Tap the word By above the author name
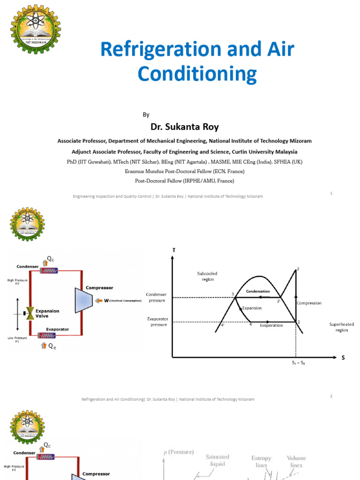pyautogui.click(x=145, y=114)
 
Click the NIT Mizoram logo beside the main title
pyautogui.click(x=36, y=29)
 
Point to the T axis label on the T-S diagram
pyautogui.click(x=174, y=250)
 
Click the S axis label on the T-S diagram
pyautogui.click(x=343, y=358)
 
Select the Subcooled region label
pyautogui.click(x=208, y=276)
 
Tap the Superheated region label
pyautogui.click(x=341, y=327)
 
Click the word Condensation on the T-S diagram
pyautogui.click(x=258, y=291)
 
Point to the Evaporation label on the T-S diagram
pyautogui.click(x=271, y=325)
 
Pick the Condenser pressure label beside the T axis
pyautogui.click(x=157, y=297)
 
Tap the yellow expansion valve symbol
pyautogui.click(x=30, y=311)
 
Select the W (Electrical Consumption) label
pyautogui.click(x=120, y=300)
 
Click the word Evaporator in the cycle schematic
pyautogui.click(x=57, y=329)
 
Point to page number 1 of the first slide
pyautogui.click(x=331, y=193)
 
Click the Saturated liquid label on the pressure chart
pyautogui.click(x=217, y=460)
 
